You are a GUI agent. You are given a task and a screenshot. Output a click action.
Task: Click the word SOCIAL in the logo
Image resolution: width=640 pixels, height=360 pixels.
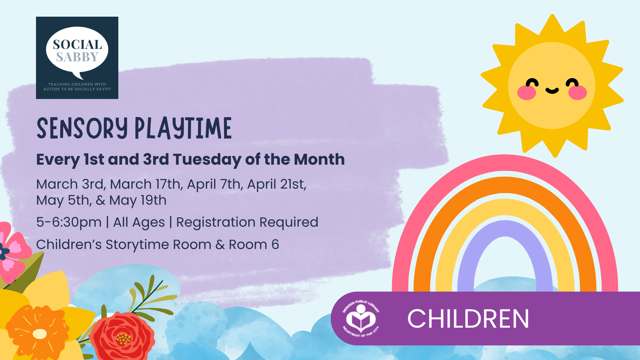click(77, 45)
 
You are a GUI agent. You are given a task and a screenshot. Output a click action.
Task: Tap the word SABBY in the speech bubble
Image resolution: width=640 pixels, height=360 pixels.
click(77, 57)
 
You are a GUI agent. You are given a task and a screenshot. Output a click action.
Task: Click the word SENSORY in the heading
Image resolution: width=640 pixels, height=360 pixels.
click(82, 128)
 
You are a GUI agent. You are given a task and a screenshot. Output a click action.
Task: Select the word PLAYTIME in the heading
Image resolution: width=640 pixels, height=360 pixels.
click(183, 128)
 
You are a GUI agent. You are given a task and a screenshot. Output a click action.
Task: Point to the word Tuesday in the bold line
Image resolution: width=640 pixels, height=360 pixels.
click(207, 159)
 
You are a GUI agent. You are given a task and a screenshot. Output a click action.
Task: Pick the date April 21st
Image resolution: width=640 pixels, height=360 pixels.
click(276, 184)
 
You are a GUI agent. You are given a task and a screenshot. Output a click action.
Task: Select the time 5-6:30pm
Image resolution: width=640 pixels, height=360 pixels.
click(69, 222)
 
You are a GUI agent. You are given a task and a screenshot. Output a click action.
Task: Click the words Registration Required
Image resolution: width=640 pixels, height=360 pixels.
click(247, 222)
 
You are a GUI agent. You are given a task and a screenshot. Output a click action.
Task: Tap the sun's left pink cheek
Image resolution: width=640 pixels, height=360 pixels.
click(526, 93)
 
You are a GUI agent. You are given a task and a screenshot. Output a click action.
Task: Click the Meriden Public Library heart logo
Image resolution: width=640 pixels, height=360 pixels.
click(361, 319)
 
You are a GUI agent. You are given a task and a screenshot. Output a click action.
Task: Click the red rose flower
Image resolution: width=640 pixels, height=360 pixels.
click(123, 337)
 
